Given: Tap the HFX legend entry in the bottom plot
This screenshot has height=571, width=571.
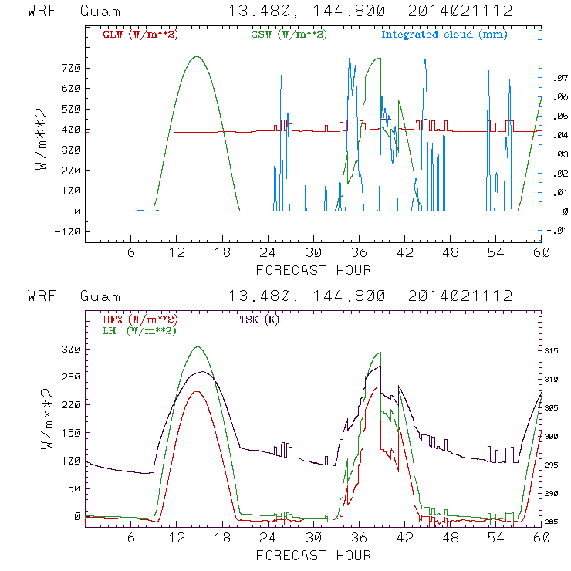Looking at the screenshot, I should tap(140, 319).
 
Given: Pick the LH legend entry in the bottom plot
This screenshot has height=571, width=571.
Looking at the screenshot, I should tap(140, 330).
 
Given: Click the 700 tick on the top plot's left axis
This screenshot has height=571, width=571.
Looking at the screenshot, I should tap(69, 68).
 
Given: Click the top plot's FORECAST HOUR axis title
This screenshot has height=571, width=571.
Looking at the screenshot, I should tap(313, 270).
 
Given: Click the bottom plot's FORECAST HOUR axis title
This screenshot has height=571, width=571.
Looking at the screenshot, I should tap(313, 555).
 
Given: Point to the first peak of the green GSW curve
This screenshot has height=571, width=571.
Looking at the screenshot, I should tap(197, 56).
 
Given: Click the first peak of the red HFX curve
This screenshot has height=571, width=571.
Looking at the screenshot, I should tap(197, 391).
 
